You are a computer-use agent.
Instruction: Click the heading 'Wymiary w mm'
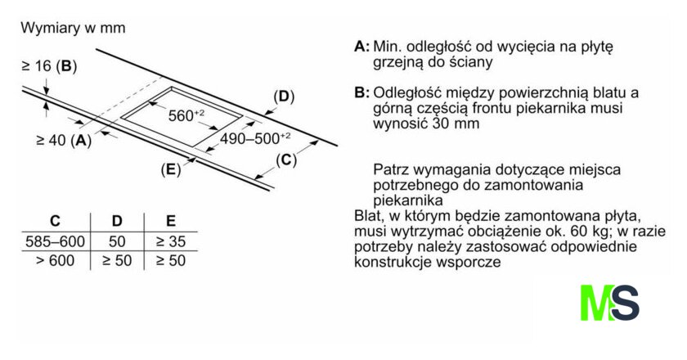(73, 28)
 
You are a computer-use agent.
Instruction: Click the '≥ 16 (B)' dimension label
(49, 66)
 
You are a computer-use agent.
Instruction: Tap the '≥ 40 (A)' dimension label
(64, 140)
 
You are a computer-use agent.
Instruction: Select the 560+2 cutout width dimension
(186, 115)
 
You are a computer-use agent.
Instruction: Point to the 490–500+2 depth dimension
(255, 138)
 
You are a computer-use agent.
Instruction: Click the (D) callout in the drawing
(284, 97)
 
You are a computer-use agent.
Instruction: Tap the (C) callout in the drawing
(286, 160)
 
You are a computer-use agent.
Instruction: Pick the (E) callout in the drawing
(171, 169)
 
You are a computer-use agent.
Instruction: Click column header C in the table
(56, 221)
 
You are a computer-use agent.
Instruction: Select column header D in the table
(117, 221)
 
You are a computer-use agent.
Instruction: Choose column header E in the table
(171, 221)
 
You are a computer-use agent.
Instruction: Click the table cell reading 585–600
(56, 241)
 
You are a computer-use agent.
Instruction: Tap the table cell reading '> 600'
(56, 261)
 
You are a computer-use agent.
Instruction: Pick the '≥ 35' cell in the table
(171, 241)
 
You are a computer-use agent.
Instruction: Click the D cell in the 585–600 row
(117, 241)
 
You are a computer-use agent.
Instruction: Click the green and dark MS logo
(610, 303)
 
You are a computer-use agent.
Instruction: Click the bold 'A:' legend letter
(361, 47)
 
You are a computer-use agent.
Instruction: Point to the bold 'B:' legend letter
(361, 93)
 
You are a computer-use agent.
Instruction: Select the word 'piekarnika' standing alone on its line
(408, 200)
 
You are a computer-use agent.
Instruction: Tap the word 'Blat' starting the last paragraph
(366, 216)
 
